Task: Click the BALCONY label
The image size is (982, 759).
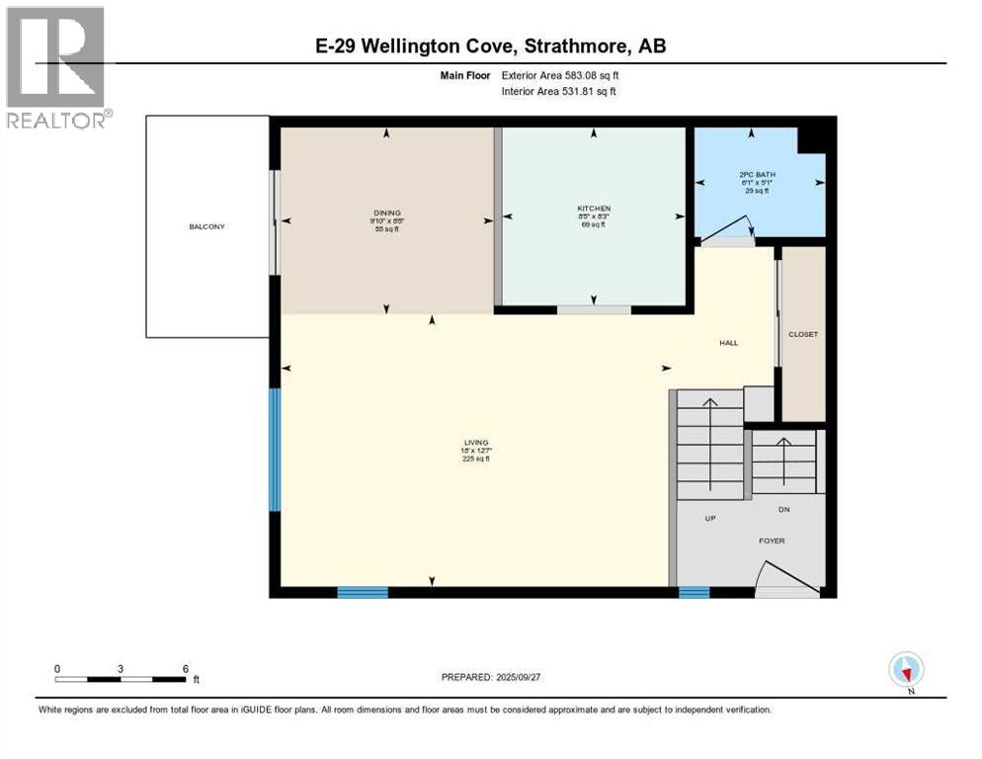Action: coord(207,227)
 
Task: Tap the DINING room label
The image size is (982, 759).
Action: coord(386,210)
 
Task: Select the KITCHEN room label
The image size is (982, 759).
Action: coord(594,209)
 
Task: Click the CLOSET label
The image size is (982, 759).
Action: coord(802,334)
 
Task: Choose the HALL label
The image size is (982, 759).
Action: coord(728,343)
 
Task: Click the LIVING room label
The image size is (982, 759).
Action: coord(477,443)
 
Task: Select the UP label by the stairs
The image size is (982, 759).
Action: coord(709,518)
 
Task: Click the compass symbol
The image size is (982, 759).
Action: coord(906,670)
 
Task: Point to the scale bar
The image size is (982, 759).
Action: coord(121,678)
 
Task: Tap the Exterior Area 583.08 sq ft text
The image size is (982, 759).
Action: coord(562,75)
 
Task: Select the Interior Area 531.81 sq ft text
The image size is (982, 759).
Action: coord(562,92)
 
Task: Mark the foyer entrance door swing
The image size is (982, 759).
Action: coord(788,579)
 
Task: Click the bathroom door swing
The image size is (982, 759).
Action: coord(726,234)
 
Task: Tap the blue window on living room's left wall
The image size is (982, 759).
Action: coord(275,450)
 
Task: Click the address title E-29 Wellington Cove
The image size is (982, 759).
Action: coord(491,46)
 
